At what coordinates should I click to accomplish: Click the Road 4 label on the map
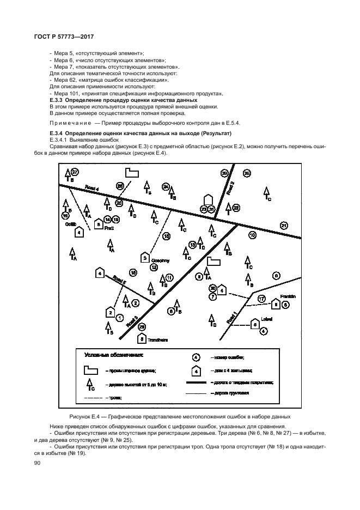[93, 189]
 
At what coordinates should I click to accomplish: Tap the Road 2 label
[230, 188]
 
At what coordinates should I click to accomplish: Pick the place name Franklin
[288, 296]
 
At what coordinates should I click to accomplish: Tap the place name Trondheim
[158, 340]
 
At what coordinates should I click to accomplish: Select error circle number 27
[75, 172]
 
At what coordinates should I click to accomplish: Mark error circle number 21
[283, 225]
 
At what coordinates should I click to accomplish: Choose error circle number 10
[252, 235]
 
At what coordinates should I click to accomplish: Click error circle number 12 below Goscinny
[154, 268]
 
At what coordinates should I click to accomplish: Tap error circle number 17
[261, 299]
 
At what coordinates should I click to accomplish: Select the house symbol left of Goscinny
[145, 257]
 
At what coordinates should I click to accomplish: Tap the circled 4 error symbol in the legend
[196, 357]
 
